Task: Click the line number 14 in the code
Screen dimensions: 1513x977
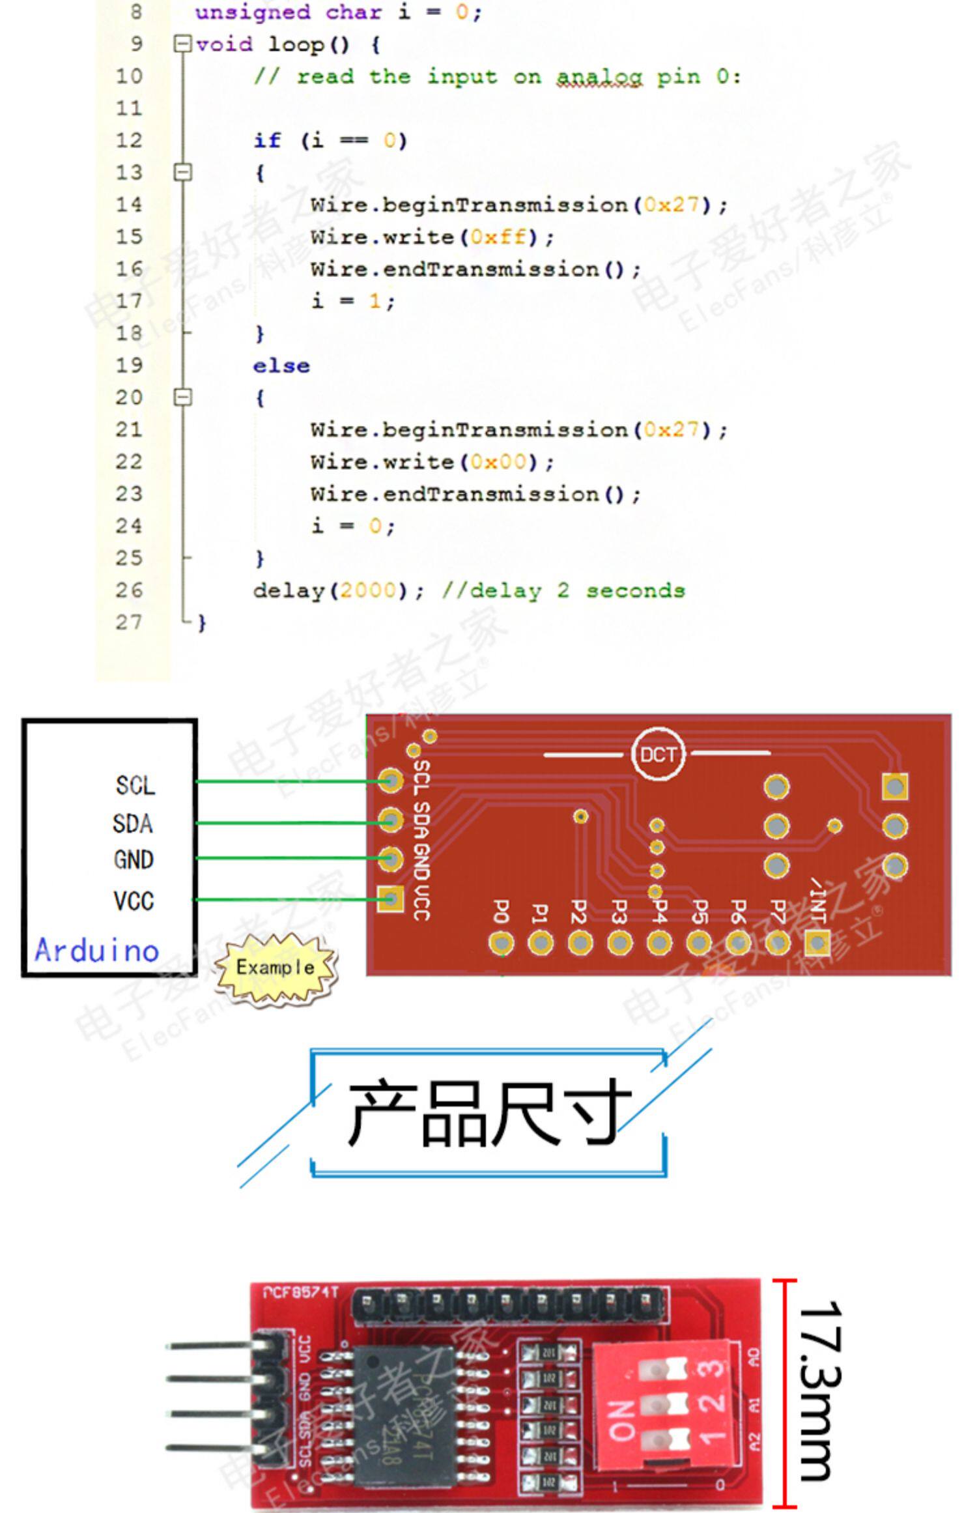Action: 129,205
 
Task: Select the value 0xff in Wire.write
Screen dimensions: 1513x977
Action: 498,237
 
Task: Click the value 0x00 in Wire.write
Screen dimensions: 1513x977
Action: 498,462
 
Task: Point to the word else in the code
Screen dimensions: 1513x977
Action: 281,366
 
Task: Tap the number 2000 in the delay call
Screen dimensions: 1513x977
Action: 368,590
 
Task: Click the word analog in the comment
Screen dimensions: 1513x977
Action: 599,77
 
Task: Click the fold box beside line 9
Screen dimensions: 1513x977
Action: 183,44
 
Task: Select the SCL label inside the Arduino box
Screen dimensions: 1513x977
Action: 135,785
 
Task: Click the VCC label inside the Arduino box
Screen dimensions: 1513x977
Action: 134,901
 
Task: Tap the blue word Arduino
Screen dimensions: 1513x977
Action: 97,950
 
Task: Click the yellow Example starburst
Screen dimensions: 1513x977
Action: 276,968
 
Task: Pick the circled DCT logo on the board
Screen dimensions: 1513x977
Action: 658,755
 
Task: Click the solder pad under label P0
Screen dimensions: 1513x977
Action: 501,943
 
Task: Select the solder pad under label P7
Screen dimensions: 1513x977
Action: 777,943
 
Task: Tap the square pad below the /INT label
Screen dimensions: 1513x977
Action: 817,942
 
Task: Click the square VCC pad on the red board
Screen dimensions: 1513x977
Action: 390,900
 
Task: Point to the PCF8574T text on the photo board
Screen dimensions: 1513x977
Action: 300,1291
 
